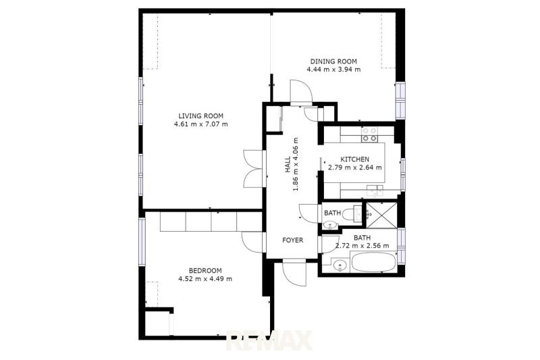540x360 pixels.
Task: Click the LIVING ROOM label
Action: pyautogui.click(x=200, y=116)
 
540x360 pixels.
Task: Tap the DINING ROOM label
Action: pyautogui.click(x=333, y=61)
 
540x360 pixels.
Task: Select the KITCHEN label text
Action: pyautogui.click(x=355, y=159)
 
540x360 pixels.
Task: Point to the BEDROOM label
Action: pyautogui.click(x=205, y=271)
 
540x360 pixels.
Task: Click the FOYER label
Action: pyautogui.click(x=293, y=240)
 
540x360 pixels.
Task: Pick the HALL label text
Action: pyautogui.click(x=288, y=165)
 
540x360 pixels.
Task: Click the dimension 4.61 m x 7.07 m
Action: pyautogui.click(x=200, y=124)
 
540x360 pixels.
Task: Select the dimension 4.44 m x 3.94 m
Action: pyautogui.click(x=333, y=70)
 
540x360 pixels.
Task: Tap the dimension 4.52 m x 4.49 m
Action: pyautogui.click(x=205, y=279)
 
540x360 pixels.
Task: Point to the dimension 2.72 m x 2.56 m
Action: pyautogui.click(x=362, y=246)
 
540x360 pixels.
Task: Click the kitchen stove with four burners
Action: pyautogui.click(x=369, y=134)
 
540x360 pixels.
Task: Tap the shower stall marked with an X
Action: pyautogui.click(x=381, y=215)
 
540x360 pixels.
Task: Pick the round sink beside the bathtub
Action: pyautogui.click(x=340, y=266)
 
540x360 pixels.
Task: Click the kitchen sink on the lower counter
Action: pyautogui.click(x=375, y=190)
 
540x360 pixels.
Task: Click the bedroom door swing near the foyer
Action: pyautogui.click(x=252, y=242)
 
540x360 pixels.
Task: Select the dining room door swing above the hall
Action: pyautogui.click(x=301, y=91)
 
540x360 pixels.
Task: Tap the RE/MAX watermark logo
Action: pyautogui.click(x=269, y=340)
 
